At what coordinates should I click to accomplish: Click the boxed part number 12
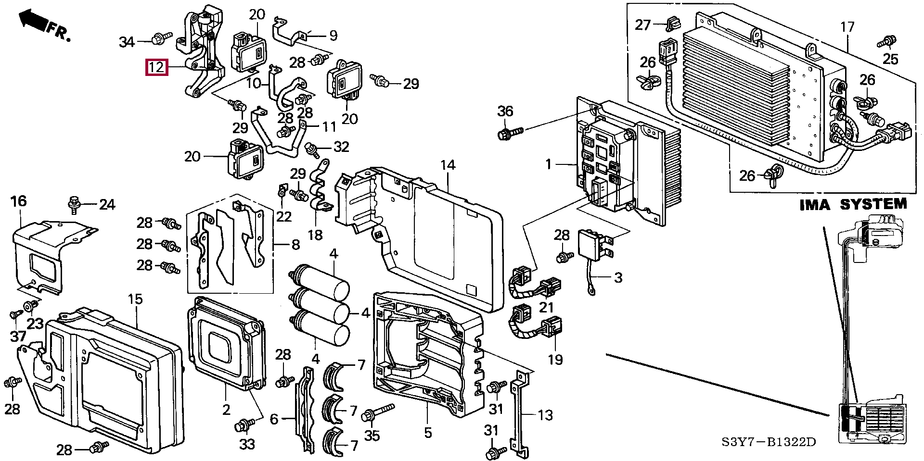click(157, 67)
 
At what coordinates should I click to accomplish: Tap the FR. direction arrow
click(34, 20)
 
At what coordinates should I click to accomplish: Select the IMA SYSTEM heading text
click(853, 205)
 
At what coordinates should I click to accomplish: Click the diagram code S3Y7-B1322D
click(769, 442)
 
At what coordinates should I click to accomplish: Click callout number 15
click(135, 299)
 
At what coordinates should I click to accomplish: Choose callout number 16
click(19, 201)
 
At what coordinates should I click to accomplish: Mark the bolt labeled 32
click(313, 150)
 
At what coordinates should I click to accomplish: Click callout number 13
click(545, 414)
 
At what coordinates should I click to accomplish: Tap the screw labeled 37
click(15, 314)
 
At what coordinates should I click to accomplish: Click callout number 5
click(428, 433)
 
